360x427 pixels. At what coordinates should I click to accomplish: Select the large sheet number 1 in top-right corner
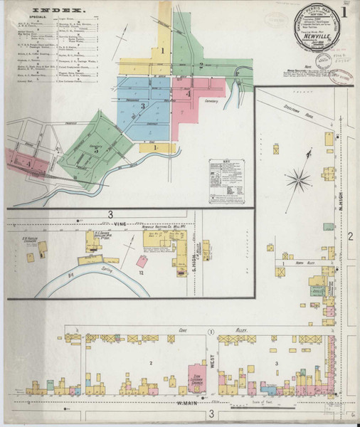pos(344,12)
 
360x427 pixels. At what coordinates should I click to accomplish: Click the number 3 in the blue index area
pos(143,107)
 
